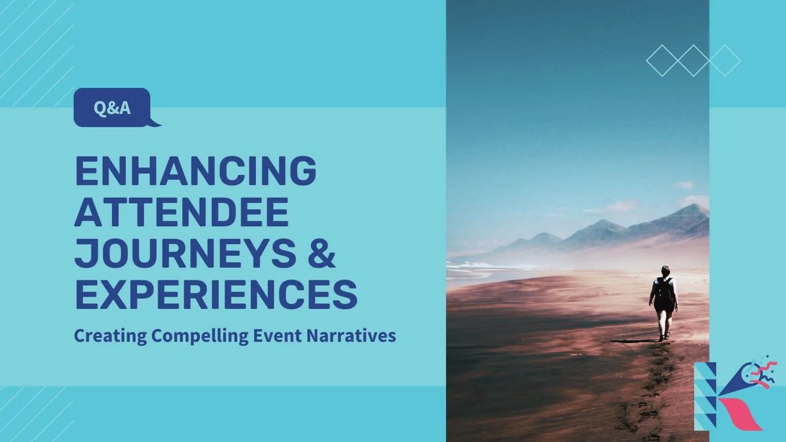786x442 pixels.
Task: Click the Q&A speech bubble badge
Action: tap(112, 107)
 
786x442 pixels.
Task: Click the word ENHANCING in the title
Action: tap(196, 170)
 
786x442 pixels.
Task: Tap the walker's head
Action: tap(666, 270)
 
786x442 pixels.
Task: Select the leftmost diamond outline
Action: tap(662, 60)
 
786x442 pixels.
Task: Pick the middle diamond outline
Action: tap(693, 60)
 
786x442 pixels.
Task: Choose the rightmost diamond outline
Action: tap(725, 60)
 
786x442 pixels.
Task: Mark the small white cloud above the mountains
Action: tap(684, 186)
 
